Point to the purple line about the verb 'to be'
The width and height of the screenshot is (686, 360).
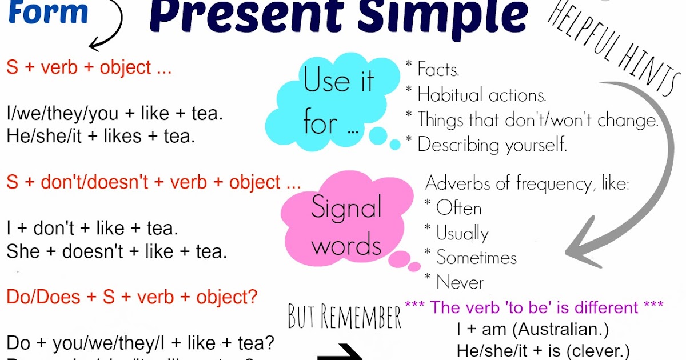point(534,307)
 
